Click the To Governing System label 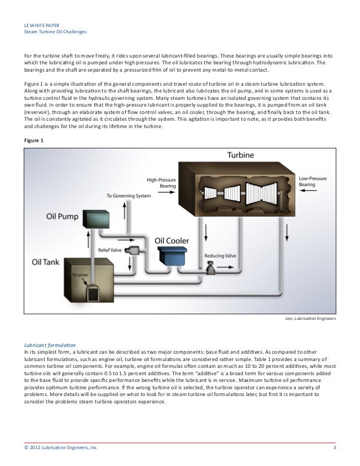click(x=130, y=196)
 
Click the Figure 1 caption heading click(x=35, y=140)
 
